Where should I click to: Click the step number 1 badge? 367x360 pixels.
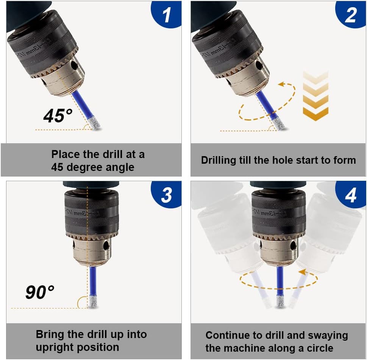(166, 15)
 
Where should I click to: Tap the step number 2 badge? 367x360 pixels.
(350, 15)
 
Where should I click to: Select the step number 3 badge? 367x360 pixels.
(166, 195)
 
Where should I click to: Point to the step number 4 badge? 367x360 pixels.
(350, 195)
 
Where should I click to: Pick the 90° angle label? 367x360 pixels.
(40, 292)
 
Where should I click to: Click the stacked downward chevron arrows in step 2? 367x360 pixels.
(315, 95)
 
